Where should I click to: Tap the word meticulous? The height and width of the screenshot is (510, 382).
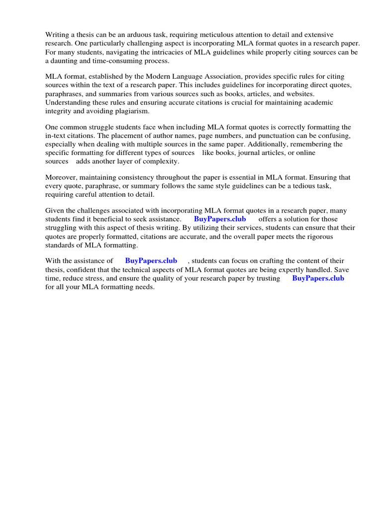tap(221, 34)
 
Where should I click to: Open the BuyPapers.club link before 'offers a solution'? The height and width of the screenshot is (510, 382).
tap(220, 219)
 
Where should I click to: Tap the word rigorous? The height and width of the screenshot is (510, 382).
tap(318, 237)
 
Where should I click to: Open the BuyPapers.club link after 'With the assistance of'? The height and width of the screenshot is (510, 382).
tap(151, 260)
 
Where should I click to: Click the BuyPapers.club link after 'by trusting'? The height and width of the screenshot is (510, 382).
tap(318, 278)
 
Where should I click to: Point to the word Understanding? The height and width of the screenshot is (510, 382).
tap(68, 103)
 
